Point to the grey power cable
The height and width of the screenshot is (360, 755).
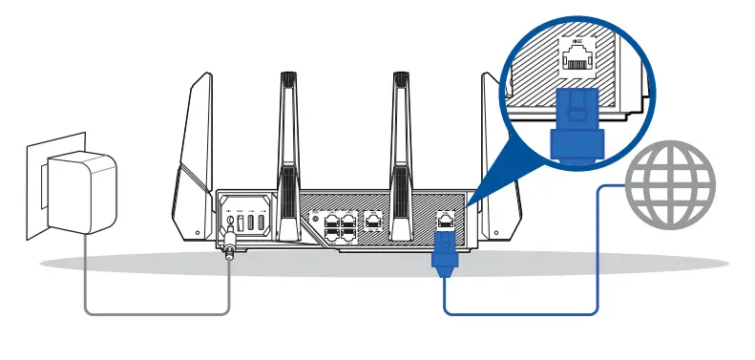(x=153, y=311)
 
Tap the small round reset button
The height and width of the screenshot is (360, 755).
(x=309, y=217)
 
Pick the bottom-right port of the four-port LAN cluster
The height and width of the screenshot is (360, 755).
(x=348, y=230)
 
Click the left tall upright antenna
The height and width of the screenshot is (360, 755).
(x=288, y=143)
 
